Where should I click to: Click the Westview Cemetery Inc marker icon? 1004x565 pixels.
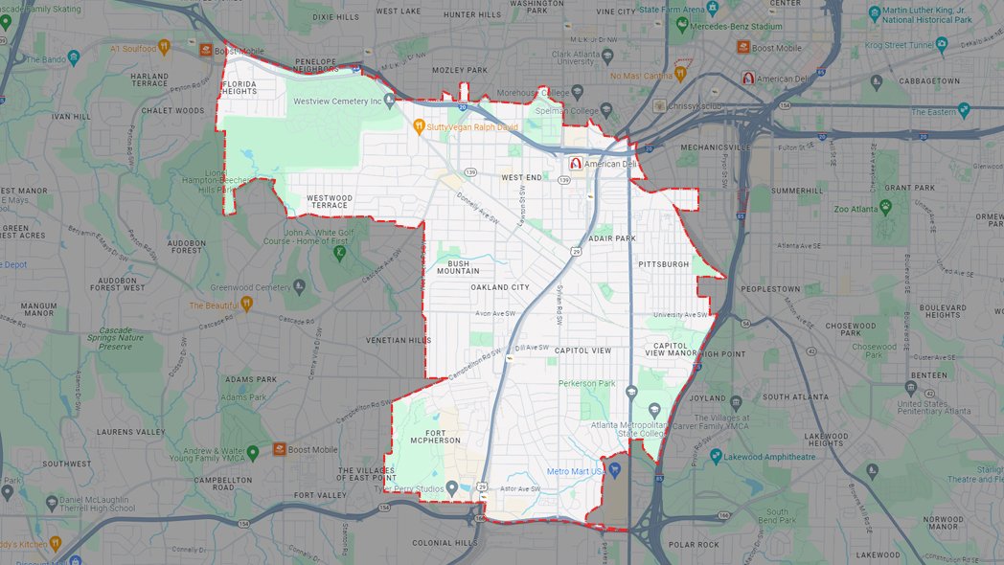(x=390, y=101)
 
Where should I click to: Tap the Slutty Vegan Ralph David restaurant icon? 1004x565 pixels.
(x=419, y=126)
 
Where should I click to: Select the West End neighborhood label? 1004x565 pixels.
(x=521, y=177)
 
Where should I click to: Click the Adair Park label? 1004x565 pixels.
(x=613, y=237)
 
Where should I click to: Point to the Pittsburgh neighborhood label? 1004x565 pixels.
(x=662, y=263)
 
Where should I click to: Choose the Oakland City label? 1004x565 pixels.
(x=499, y=287)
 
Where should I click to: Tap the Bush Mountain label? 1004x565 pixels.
(x=458, y=266)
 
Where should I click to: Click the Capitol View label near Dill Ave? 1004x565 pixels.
(x=582, y=350)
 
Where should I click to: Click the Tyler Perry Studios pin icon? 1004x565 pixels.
(x=452, y=489)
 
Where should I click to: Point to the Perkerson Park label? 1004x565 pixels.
(x=587, y=383)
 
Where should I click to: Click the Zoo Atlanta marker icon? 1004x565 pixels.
(x=885, y=207)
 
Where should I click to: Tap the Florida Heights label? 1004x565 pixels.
(x=240, y=88)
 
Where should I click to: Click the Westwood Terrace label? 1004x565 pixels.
(x=329, y=201)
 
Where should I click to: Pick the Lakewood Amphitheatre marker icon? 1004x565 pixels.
(x=715, y=458)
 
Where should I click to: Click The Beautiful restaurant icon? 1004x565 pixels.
(x=246, y=305)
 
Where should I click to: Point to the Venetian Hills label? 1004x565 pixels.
(x=399, y=340)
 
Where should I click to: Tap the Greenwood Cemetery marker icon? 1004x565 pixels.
(x=300, y=286)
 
